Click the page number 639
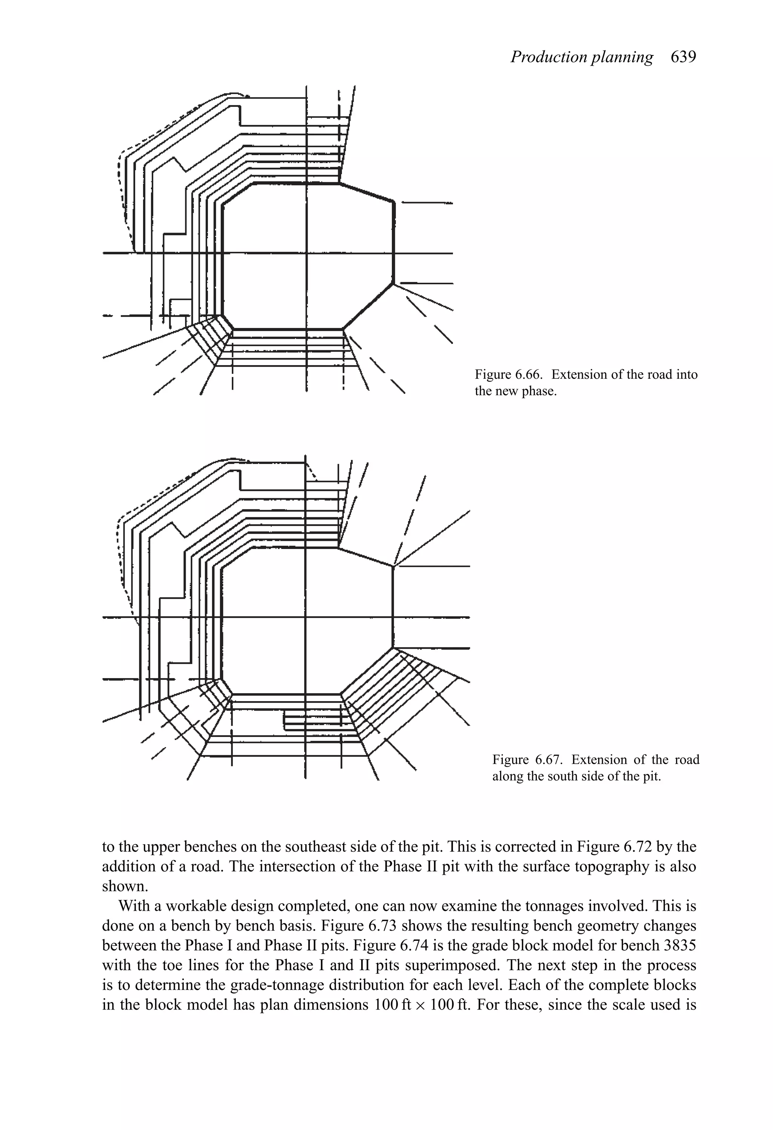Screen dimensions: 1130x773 click(x=683, y=57)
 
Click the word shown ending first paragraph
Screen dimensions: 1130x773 click(x=124, y=886)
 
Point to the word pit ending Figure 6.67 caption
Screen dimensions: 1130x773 click(x=651, y=776)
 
